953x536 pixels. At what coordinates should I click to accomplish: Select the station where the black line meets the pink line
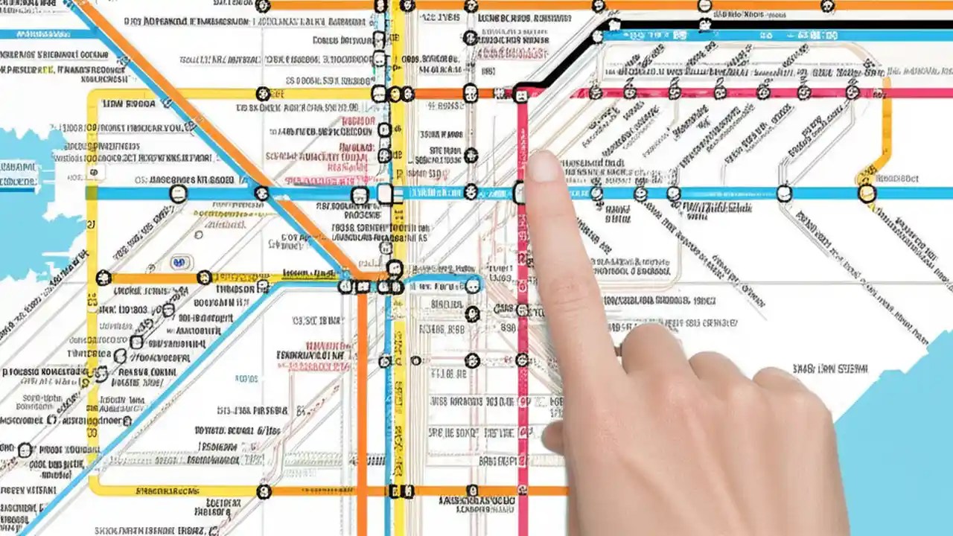pyautogui.click(x=520, y=94)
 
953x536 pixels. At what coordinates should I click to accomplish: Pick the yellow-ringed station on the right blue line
pyautogui.click(x=866, y=194)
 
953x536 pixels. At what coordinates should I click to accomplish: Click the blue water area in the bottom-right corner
pyautogui.click(x=905, y=462)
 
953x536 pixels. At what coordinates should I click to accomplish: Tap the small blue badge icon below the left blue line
pyautogui.click(x=178, y=262)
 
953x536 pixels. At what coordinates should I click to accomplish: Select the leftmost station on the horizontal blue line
pyautogui.click(x=178, y=194)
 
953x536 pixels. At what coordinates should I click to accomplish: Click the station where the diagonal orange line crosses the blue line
pyautogui.click(x=261, y=193)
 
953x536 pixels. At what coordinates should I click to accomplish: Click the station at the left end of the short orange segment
pyautogui.click(x=103, y=278)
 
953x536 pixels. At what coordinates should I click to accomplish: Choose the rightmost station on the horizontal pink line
pyautogui.click(x=852, y=93)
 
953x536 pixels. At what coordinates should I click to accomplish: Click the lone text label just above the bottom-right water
pyautogui.click(x=829, y=368)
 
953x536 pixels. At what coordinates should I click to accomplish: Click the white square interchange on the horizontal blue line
pyautogui.click(x=385, y=194)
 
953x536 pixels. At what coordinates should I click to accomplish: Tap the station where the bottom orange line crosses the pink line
pyautogui.click(x=522, y=491)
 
